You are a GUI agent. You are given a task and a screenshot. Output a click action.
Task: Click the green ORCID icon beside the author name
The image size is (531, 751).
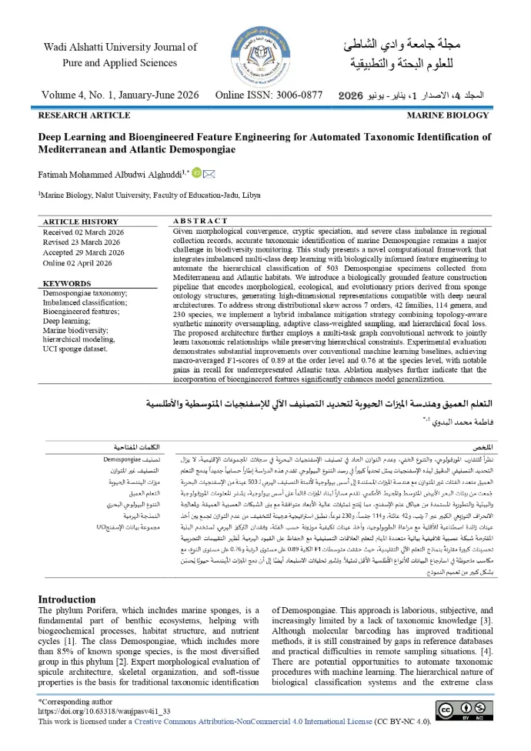195,173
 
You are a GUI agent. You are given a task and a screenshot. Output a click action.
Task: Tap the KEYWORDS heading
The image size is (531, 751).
67,283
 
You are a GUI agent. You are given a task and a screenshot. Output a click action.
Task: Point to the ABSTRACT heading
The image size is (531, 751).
200,222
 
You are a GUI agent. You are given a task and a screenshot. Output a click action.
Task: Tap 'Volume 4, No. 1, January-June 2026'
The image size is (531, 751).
119,95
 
